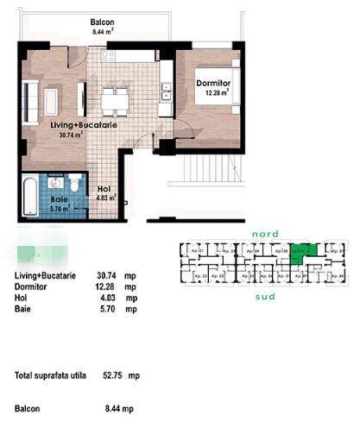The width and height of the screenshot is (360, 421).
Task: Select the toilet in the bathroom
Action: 76,185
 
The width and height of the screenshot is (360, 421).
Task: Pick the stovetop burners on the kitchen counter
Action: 109,58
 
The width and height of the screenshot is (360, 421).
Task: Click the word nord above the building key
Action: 263,234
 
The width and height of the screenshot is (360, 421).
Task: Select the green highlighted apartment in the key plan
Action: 302,253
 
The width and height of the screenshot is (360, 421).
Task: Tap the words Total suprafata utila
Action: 50,376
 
